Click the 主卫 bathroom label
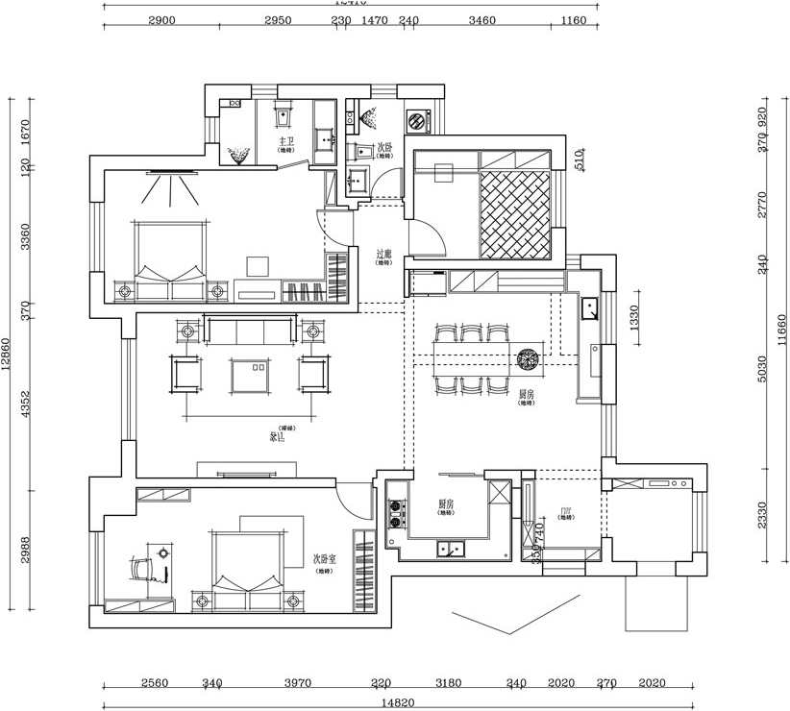[285, 142]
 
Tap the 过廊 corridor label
[383, 255]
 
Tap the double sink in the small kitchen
[449, 550]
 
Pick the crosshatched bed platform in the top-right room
[516, 214]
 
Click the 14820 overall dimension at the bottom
[398, 703]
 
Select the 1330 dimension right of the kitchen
[635, 319]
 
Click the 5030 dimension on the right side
[763, 369]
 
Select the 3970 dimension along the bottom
[298, 684]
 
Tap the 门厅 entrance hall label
[566, 513]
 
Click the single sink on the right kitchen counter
[590, 308]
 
